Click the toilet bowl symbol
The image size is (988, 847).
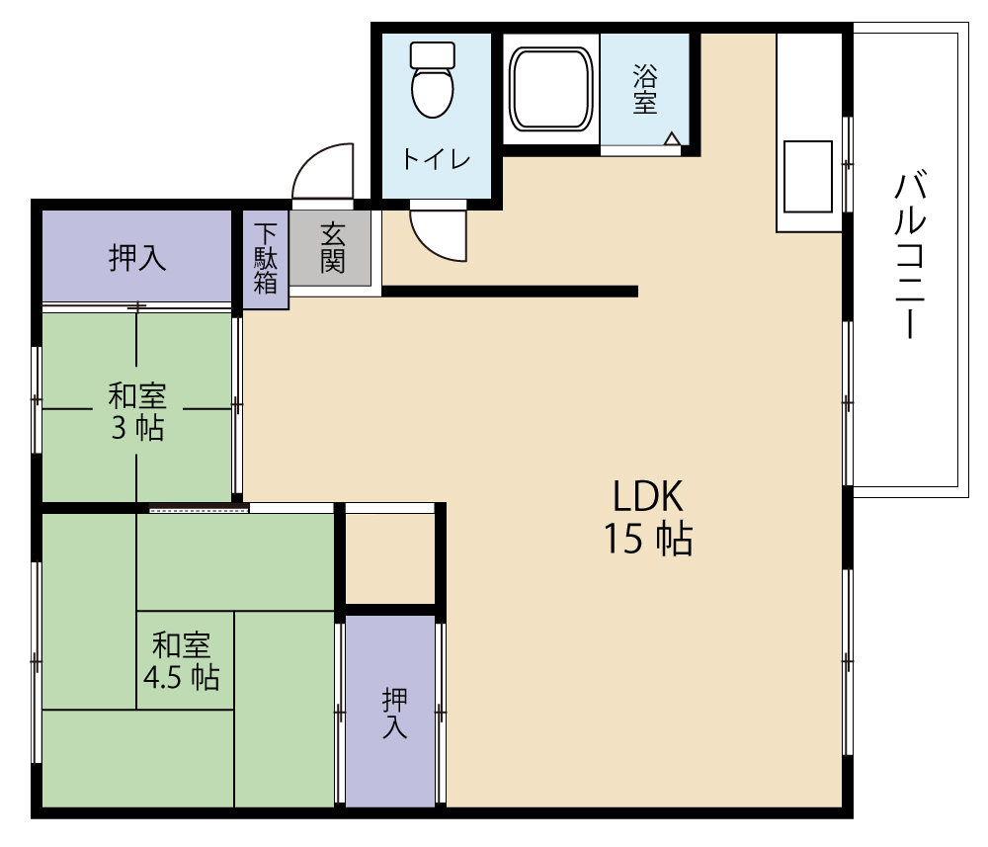pos(433,92)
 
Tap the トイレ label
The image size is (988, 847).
pos(436,159)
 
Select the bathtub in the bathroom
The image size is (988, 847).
pos(551,89)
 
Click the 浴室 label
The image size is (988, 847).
pos(645,89)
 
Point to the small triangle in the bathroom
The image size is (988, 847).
pos(672,138)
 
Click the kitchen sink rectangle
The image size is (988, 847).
pos(808,176)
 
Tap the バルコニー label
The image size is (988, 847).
pos(911,255)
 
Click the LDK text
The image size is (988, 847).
pos(648,496)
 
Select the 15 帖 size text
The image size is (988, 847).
pos(648,539)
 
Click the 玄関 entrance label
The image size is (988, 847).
pos(333,248)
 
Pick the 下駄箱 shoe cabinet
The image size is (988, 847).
pos(265,259)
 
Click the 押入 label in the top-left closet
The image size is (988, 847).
pos(137,257)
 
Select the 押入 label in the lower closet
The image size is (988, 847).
pos(394,713)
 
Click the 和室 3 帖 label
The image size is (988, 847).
pos(137,411)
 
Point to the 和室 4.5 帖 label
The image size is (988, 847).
pos(182,661)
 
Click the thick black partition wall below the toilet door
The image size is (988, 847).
pos(510,292)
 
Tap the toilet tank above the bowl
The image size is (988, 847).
pos(433,54)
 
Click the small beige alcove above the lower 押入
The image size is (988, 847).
pos(390,559)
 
